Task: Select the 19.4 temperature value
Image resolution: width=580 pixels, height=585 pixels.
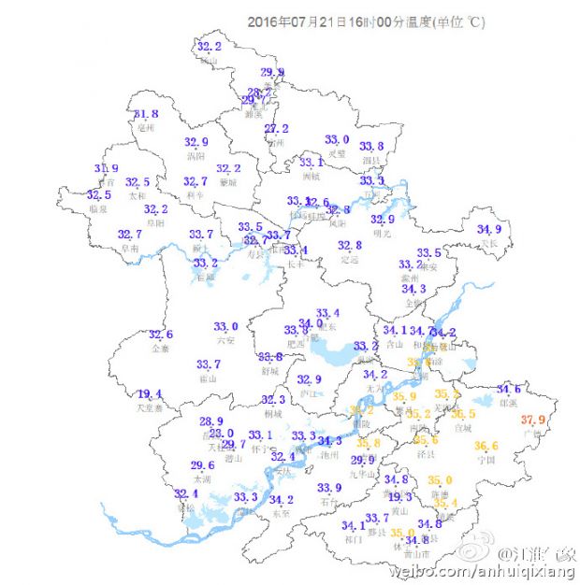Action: pos(150,394)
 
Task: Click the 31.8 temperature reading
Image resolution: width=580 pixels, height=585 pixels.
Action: pos(146,115)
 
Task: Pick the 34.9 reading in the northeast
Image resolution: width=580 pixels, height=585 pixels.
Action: pos(488,230)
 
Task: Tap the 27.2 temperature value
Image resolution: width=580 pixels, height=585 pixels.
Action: pos(276,129)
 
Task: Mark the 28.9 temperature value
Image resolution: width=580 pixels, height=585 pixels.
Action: pos(211,422)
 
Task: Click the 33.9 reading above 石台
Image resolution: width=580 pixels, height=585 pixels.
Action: pos(329,488)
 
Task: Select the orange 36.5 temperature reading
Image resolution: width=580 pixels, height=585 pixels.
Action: pos(464,414)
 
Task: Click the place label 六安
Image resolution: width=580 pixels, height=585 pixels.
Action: pos(225,341)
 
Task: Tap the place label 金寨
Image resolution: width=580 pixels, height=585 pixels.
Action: pos(160,349)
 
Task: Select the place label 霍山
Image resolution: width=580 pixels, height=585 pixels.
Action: pos(208,378)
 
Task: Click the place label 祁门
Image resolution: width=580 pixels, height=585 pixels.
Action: pos(353,539)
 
